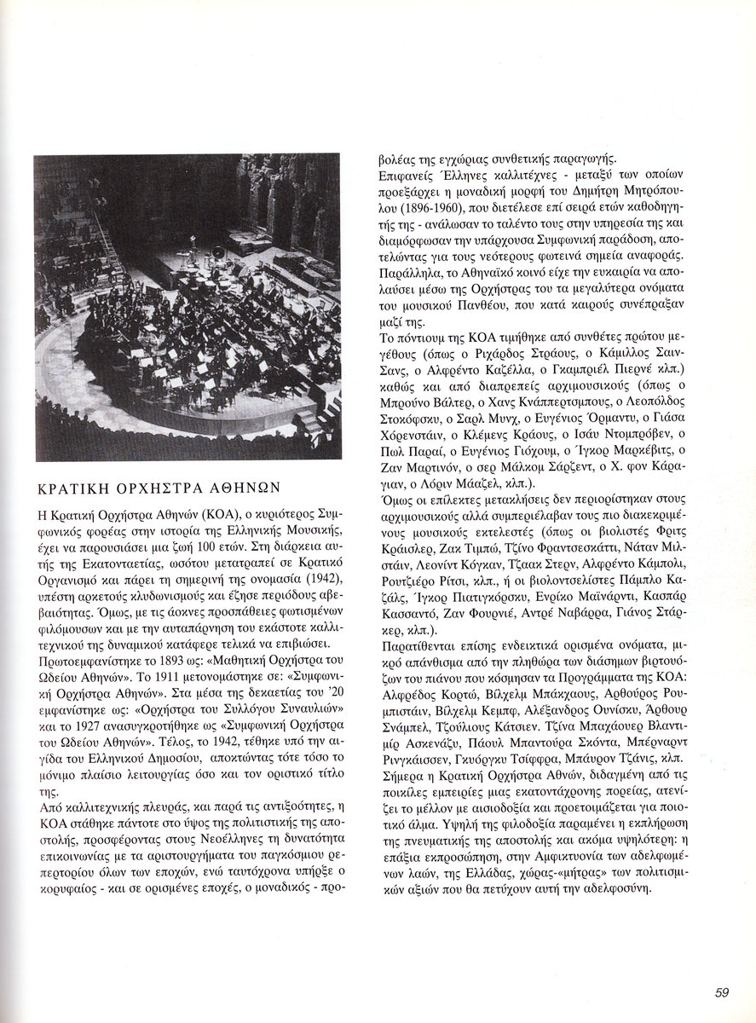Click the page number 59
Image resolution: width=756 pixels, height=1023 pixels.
coord(721,991)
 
